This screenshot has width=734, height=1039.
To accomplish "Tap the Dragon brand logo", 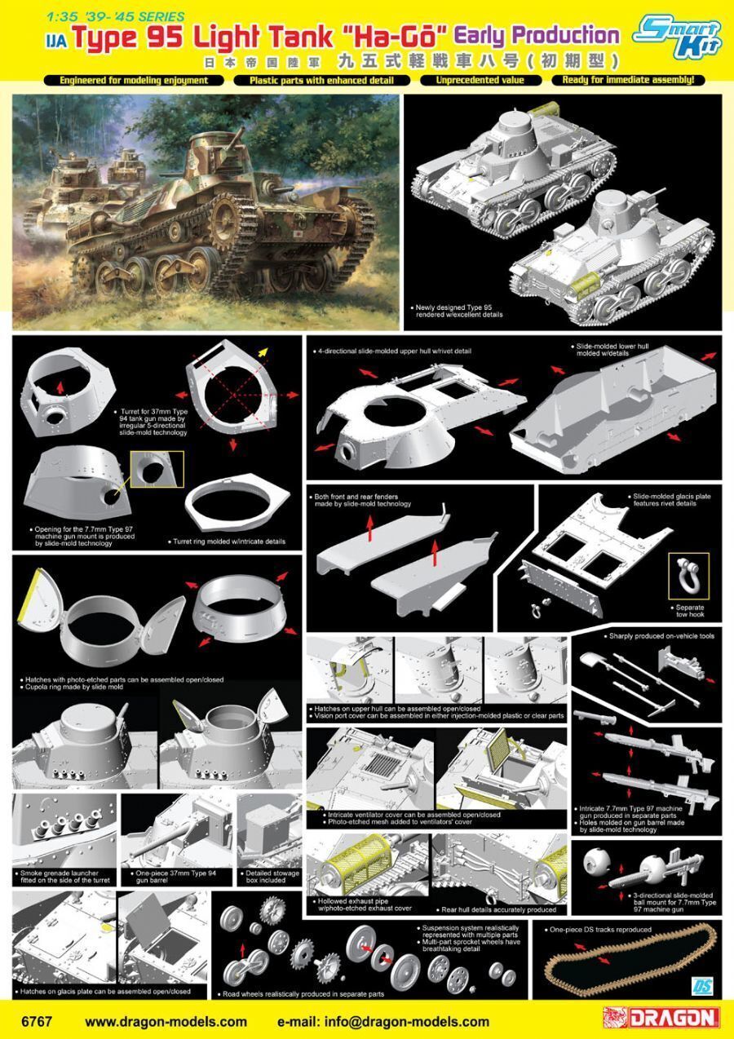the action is pyautogui.click(x=661, y=1019).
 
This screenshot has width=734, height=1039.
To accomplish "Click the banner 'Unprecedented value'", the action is pyautogui.click(x=480, y=80).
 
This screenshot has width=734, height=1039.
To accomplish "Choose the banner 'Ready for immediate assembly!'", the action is pyautogui.click(x=628, y=80).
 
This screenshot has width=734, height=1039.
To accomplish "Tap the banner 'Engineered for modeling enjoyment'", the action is pyautogui.click(x=134, y=81).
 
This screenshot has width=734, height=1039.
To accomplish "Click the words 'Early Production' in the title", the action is pyautogui.click(x=538, y=36).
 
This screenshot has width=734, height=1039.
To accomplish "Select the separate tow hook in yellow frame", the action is pyautogui.click(x=688, y=574).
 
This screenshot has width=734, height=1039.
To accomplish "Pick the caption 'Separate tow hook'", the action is pyautogui.click(x=689, y=611).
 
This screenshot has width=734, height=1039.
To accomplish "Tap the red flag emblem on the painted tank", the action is pyautogui.click(x=296, y=235).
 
